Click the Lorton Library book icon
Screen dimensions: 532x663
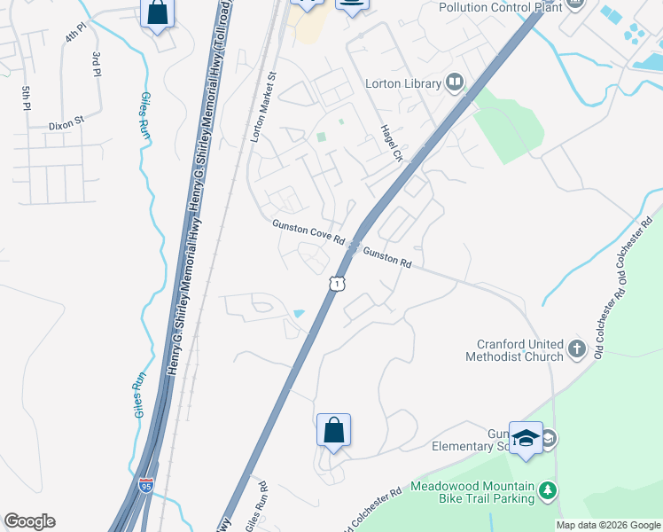click(455, 83)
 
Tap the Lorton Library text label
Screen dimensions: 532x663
click(403, 84)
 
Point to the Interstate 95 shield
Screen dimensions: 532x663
click(146, 485)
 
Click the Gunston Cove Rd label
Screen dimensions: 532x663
click(308, 232)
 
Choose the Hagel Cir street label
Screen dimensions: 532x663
click(391, 142)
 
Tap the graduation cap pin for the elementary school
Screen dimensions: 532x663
click(526, 439)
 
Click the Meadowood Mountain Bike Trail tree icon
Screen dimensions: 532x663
click(549, 489)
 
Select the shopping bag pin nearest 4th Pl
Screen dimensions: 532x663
click(158, 13)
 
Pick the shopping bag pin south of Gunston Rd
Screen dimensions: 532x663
click(333, 430)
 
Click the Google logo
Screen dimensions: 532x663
click(29, 521)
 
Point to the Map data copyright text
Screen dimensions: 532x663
click(608, 525)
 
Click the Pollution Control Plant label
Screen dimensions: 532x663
click(501, 6)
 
